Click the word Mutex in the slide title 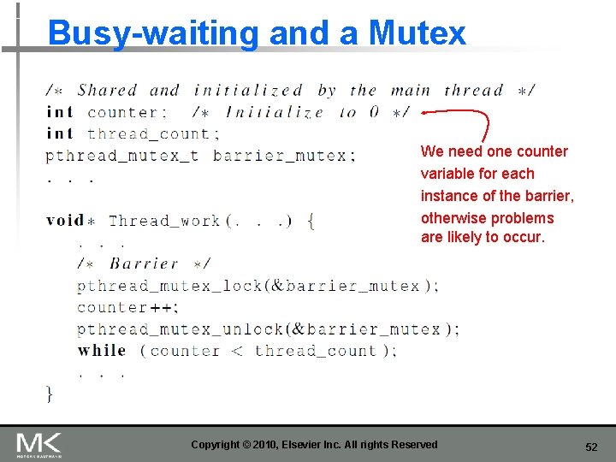click(x=418, y=33)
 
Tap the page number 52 click(x=591, y=447)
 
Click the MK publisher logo click(x=39, y=444)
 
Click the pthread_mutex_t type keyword click(x=122, y=156)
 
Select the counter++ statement click(x=127, y=307)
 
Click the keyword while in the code click(x=102, y=351)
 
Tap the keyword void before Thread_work click(x=66, y=221)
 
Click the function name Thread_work click(x=164, y=221)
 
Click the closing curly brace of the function click(x=50, y=394)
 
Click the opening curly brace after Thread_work click(x=311, y=221)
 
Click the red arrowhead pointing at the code click(x=425, y=111)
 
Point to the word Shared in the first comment click(x=107, y=91)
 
